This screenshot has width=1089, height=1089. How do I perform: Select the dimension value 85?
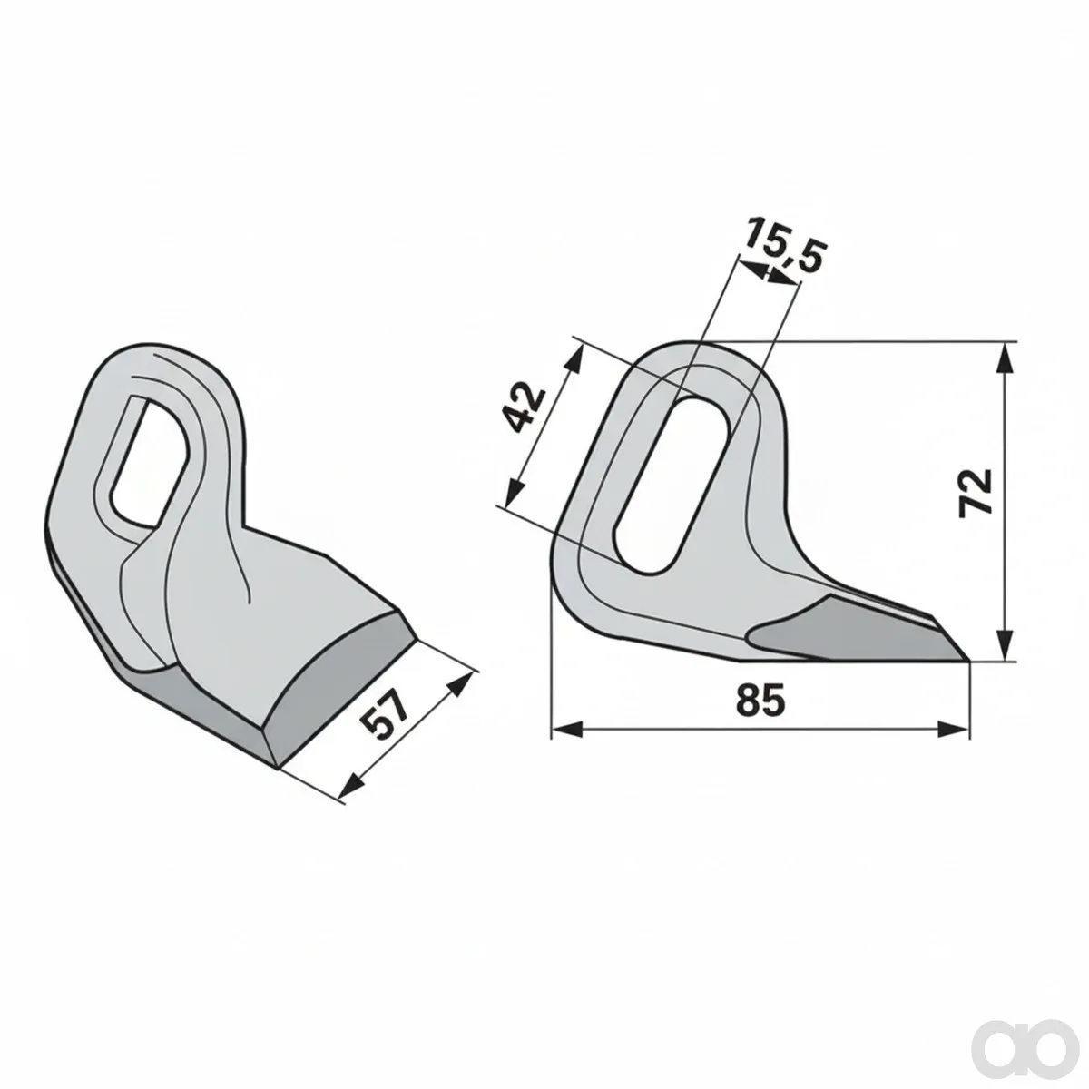760,701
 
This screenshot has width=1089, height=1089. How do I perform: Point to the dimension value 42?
524,407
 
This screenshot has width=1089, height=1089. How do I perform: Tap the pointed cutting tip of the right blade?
968,660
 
